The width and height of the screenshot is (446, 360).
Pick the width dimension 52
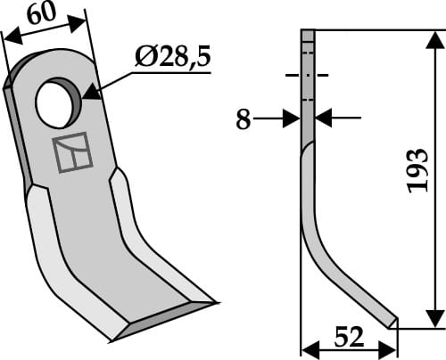[349, 338]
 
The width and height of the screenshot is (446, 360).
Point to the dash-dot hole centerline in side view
[308, 77]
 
